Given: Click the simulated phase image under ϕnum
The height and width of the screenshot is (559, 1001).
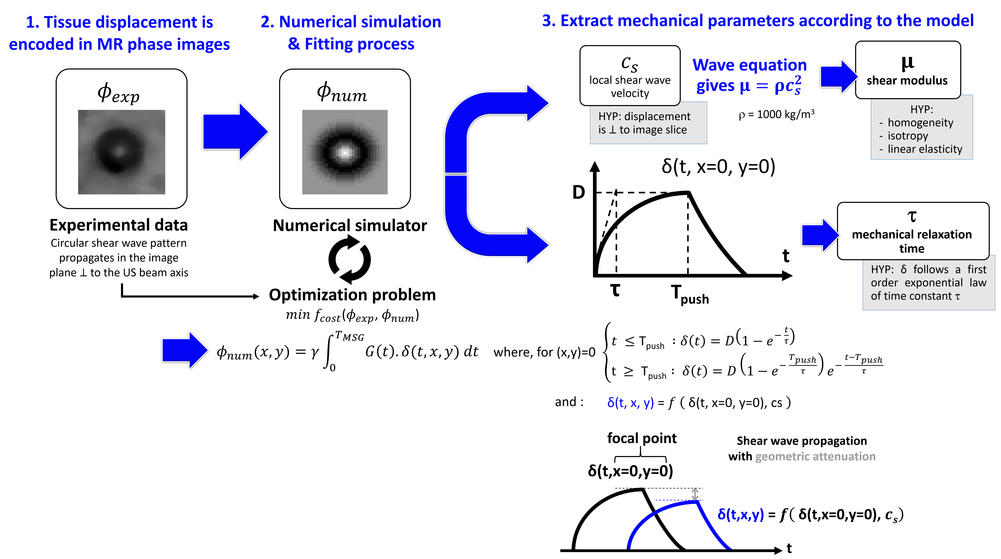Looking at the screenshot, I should [345, 152].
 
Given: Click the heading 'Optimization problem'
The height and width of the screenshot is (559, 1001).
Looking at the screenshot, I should [352, 295].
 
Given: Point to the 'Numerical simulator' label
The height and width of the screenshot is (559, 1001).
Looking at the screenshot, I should [350, 225].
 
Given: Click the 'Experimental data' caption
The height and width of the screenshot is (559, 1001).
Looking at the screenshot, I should [119, 225].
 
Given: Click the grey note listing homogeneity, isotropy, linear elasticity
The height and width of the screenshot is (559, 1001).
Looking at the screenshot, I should [921, 130].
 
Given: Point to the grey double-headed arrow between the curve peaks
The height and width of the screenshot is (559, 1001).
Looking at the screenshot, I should [695, 494].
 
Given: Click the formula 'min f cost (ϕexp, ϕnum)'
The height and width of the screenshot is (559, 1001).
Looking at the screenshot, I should [352, 315].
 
